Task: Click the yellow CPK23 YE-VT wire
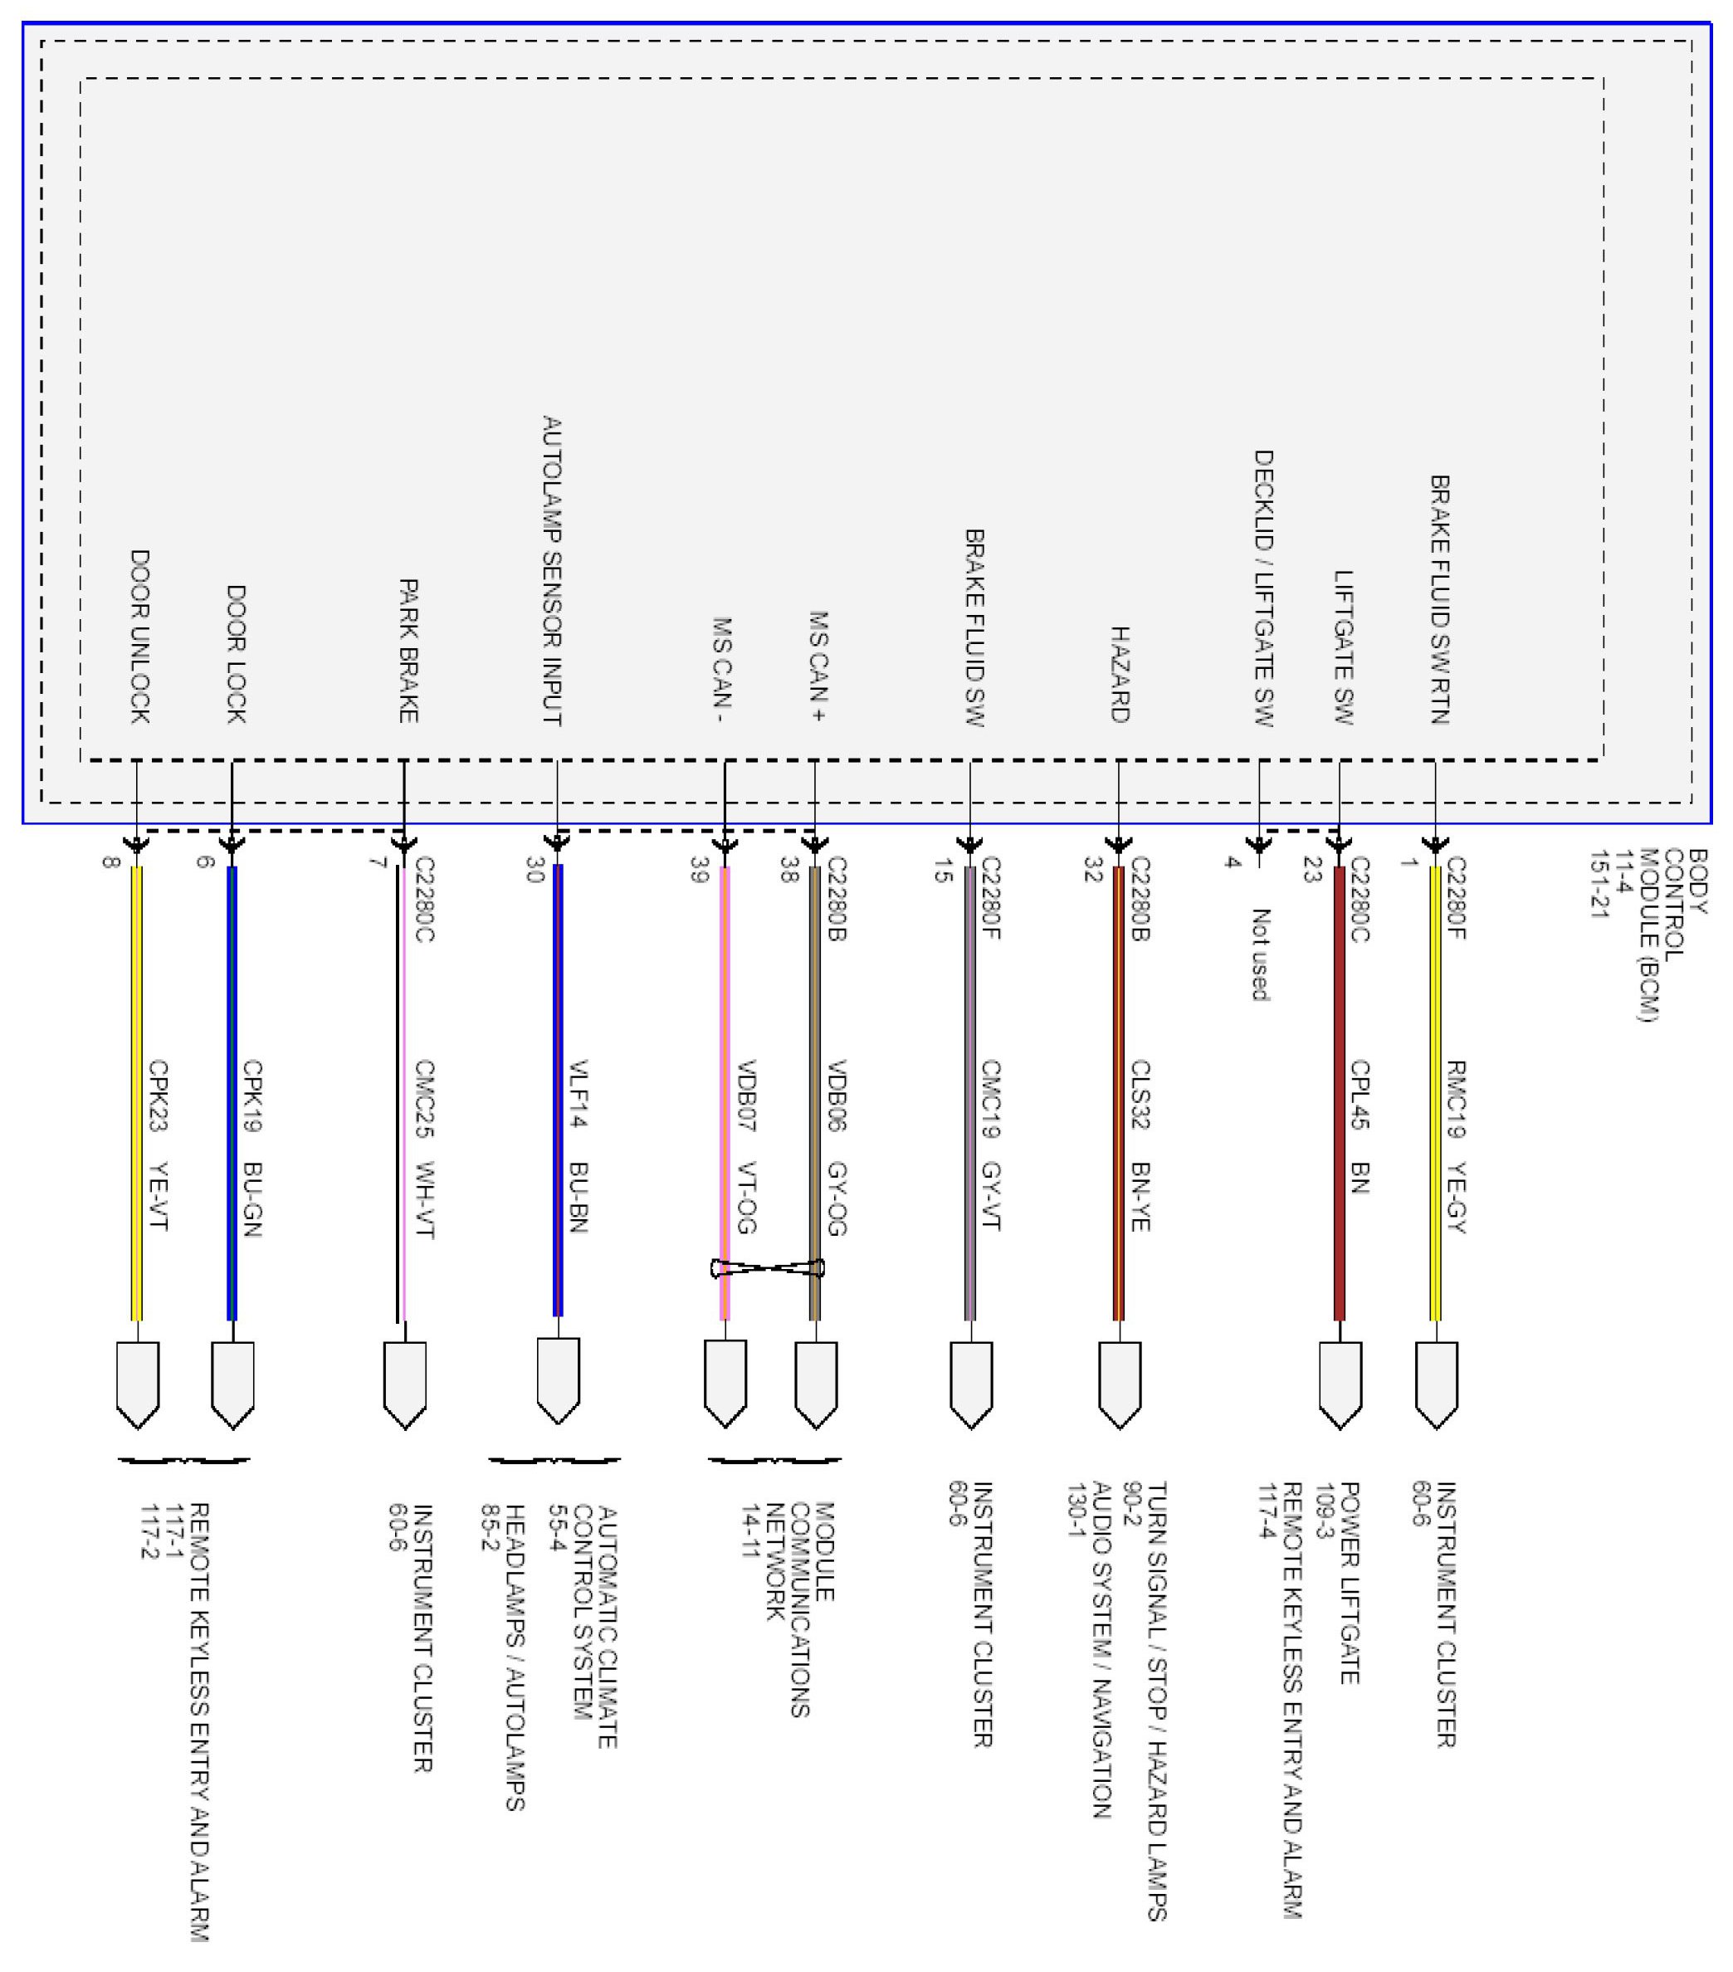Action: [136, 1092]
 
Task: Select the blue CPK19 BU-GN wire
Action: [232, 1092]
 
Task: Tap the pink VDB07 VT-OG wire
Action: [725, 1092]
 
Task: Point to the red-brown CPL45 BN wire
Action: [1339, 1092]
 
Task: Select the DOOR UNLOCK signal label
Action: [140, 637]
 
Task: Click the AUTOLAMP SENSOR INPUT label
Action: [552, 571]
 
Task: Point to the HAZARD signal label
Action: [1120, 675]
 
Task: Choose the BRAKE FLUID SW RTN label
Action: [1440, 599]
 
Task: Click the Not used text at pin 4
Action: [1260, 955]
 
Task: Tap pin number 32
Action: [1093, 869]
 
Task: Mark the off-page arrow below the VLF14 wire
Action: [558, 1380]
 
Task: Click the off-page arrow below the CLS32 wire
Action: [1120, 1384]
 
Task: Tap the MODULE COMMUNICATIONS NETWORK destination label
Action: [800, 1609]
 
